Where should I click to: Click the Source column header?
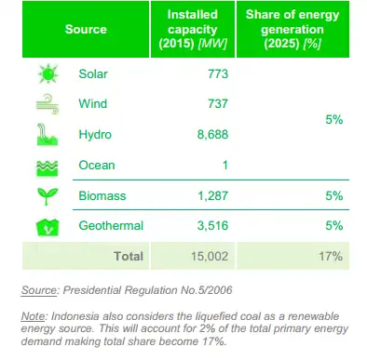86,30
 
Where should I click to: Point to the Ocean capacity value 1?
225,166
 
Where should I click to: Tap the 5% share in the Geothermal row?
334,226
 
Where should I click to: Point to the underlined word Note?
32,316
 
